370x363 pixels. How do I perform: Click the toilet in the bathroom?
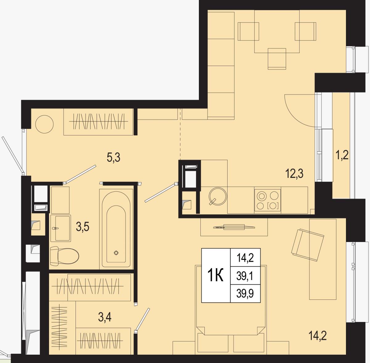click(64, 256)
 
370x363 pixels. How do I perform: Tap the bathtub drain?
click(116, 253)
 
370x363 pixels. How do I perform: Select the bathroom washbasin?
click(61, 228)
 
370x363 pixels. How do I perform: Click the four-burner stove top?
click(267, 200)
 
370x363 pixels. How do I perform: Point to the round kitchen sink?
click(218, 196)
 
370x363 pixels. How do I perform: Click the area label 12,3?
click(294, 174)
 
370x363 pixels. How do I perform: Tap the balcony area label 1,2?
click(342, 155)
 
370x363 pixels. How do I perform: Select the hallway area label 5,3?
click(113, 158)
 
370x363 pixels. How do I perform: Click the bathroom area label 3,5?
click(83, 227)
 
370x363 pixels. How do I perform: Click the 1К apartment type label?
click(216, 275)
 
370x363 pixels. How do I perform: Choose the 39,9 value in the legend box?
click(245, 294)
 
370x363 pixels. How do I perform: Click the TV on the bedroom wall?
click(234, 227)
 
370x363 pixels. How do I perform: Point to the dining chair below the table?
click(277, 59)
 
